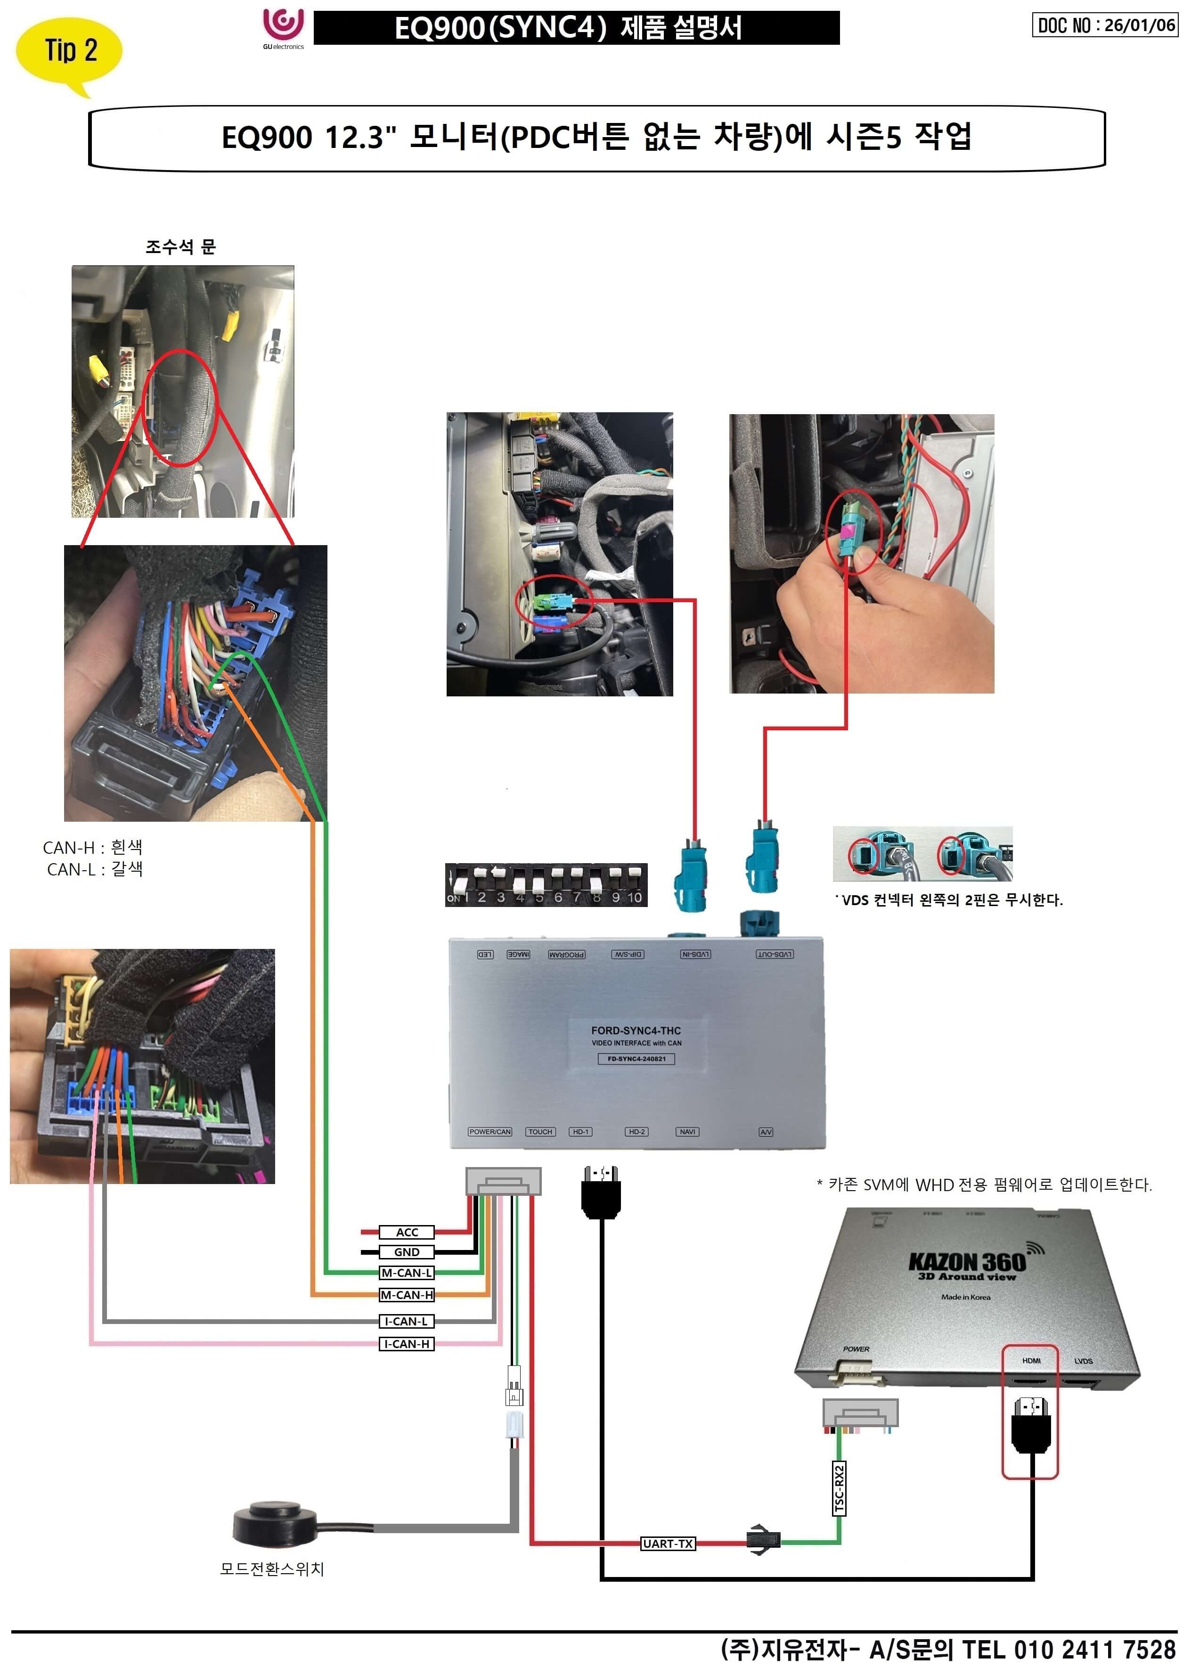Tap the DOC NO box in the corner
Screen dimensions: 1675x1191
click(x=1104, y=25)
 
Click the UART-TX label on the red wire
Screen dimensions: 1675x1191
click(x=668, y=1543)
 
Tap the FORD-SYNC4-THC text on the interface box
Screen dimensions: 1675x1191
click(x=636, y=1030)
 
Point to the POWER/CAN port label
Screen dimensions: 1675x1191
click(x=490, y=1132)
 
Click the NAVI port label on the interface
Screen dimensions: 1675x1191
click(x=687, y=1132)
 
